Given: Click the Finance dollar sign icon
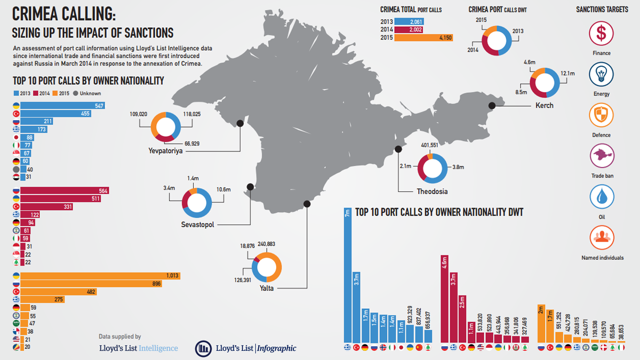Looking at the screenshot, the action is pos(601,33).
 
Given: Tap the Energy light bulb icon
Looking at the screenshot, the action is pos(601,74).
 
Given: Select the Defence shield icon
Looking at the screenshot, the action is pos(601,115).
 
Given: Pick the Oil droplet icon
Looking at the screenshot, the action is pos(602,197).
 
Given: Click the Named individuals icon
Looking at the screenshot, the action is pos(602,238).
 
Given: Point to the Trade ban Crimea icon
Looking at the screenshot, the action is pos(602,156).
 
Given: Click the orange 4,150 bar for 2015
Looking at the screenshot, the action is pos(423,38).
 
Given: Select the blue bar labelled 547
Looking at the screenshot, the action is pos(62,106).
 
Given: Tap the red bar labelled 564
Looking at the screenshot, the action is pos(65,190).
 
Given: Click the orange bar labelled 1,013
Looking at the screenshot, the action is pos(100,276).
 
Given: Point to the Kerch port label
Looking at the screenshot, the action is pos(545,106).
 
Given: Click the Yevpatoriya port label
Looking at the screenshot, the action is pos(165,150).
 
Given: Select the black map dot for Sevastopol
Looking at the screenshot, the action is pos(250,187).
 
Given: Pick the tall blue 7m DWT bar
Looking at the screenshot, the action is pos(348,275).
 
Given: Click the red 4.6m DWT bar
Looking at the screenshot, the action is pos(444,299).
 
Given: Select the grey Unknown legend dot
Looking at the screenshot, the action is pos(75,93).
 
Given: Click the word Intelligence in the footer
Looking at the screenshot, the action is pos(158,348).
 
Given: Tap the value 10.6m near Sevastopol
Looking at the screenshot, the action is pos(223,189).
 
